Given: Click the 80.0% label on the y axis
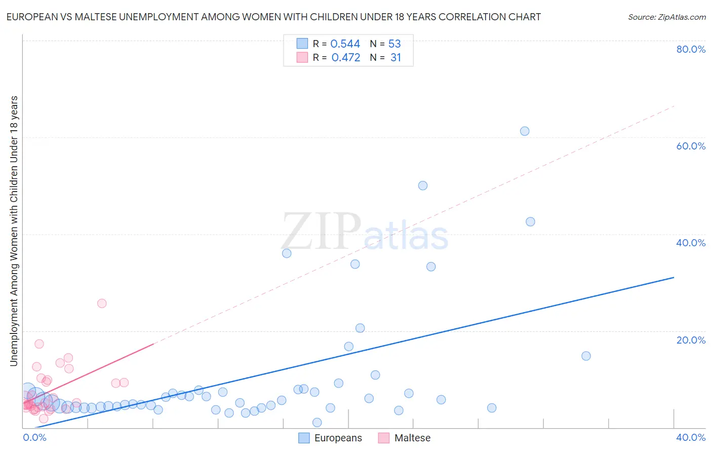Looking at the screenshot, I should (691, 49).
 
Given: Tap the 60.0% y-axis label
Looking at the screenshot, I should (691, 146).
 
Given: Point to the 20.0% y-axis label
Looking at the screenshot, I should (691, 340).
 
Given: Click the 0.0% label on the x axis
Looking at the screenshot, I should (34, 437).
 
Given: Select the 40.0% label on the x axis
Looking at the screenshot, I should (691, 437).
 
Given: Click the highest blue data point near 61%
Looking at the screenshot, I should (525, 131).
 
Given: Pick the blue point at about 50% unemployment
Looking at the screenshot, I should (423, 185).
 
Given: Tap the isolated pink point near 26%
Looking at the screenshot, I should (102, 304).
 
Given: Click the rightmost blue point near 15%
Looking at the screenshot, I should (586, 356).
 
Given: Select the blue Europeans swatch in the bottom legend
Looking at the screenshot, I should (304, 438).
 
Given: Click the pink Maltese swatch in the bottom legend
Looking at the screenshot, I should (384, 438).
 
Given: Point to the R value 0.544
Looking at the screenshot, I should (345, 44).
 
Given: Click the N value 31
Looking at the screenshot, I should (395, 58).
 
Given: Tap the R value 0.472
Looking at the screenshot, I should (345, 58).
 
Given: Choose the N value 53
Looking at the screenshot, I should (394, 44).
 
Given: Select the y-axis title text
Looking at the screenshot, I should (14, 231).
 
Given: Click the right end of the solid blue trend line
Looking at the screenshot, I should (674, 278).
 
